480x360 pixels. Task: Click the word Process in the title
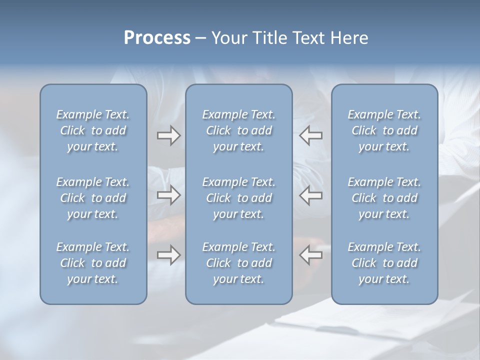[157, 38]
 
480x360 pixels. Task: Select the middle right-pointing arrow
[168, 195]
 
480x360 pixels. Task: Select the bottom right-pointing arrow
[168, 255]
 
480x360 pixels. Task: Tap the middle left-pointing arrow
[311, 195]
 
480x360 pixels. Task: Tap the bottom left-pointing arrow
[311, 255]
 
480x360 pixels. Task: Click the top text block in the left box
[93, 130]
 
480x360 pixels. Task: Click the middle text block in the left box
[93, 198]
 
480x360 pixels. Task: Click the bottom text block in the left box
[93, 263]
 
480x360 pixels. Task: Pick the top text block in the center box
[238, 130]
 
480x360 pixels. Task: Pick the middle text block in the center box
[238, 198]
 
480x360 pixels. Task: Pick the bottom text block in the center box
[238, 263]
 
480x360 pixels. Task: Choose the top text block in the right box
[384, 130]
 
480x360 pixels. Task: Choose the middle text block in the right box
[384, 198]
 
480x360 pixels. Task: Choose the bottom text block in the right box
[384, 263]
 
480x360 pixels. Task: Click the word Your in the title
[228, 38]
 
